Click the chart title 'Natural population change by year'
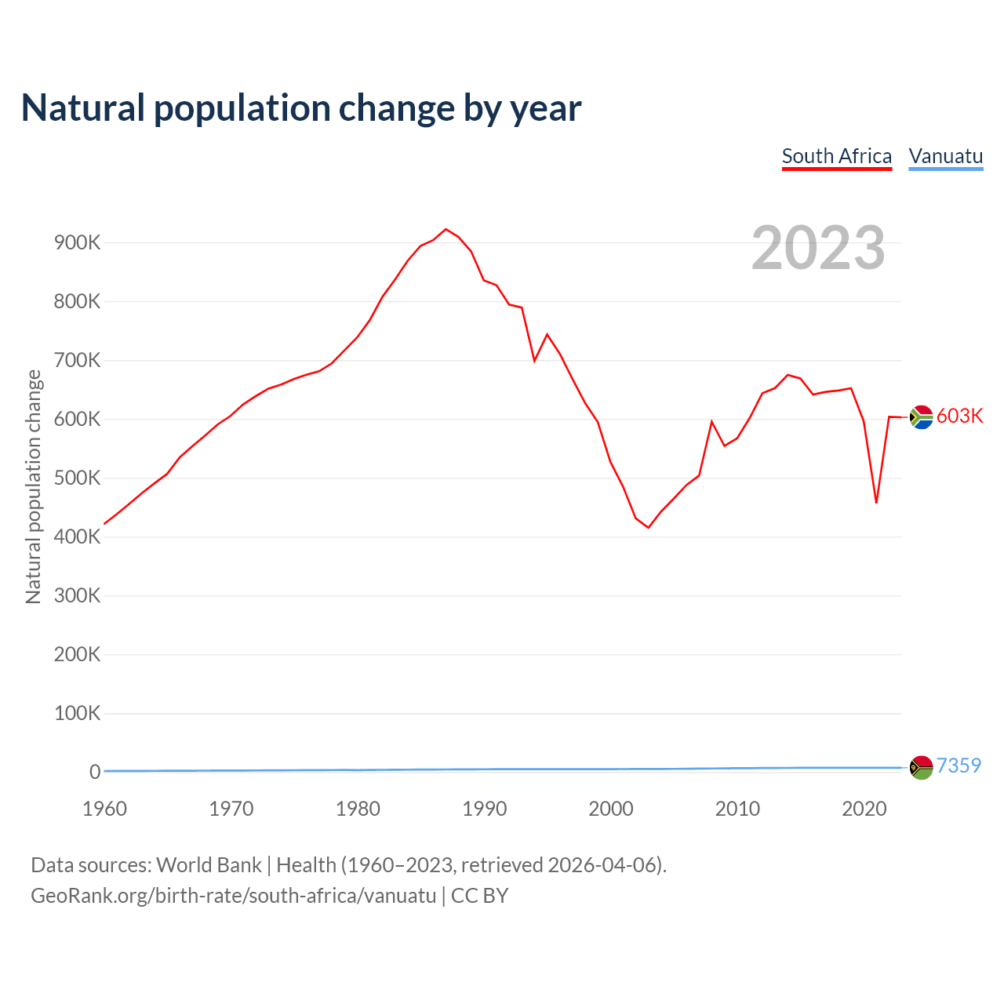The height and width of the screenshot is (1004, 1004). (301, 108)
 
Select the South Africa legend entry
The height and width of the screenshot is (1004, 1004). (836, 156)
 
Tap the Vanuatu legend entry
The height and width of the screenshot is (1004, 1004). (945, 156)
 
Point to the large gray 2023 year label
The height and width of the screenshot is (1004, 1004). (818, 248)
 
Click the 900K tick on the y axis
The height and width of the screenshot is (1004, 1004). (77, 242)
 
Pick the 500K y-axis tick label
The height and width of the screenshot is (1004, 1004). (77, 478)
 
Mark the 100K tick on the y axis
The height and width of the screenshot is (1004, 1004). (77, 713)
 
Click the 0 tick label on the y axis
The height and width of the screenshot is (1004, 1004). (95, 772)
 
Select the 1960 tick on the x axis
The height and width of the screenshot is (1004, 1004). (104, 809)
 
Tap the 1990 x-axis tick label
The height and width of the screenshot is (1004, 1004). (484, 809)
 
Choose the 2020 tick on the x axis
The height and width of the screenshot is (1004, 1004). (864, 809)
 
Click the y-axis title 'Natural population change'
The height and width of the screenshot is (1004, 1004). (33, 487)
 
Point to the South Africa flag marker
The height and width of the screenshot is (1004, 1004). (921, 417)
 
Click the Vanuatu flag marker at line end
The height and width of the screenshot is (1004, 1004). (921, 767)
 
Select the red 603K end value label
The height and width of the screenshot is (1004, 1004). (959, 416)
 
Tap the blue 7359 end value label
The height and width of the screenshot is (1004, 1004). (959, 766)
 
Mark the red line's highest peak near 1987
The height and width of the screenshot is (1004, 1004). (446, 229)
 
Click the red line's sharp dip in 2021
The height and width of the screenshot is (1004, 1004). (876, 502)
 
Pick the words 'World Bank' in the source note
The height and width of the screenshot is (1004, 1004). (209, 864)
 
